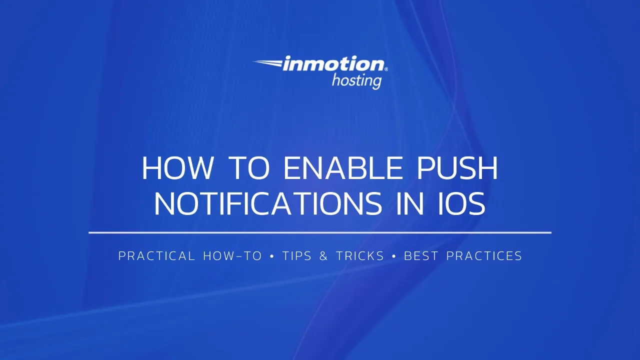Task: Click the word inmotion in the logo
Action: [332, 65]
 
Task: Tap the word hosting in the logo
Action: [356, 80]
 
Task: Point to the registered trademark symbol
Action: [386, 69]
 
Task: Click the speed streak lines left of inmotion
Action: [268, 63]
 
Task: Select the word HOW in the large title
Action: [177, 168]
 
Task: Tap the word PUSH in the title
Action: [457, 168]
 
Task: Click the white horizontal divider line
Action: [320, 232]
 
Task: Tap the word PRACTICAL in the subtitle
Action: [156, 256]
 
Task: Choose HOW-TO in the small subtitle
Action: [232, 256]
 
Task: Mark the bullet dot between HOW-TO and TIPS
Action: [272, 256]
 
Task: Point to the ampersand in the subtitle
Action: [323, 256]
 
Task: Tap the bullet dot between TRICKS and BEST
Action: [394, 256]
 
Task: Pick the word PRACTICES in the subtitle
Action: [484, 256]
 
